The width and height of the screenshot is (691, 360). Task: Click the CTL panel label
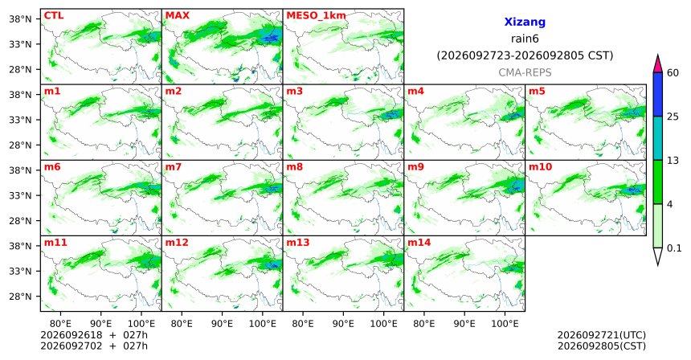tap(53, 16)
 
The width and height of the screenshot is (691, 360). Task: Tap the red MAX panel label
tap(177, 16)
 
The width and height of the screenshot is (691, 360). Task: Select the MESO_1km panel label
tap(316, 16)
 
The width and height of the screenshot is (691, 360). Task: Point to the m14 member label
tap(419, 243)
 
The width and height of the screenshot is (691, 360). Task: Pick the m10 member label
tap(540, 167)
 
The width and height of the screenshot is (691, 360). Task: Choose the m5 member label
tap(537, 92)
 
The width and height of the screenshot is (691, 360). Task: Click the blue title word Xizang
tap(525, 22)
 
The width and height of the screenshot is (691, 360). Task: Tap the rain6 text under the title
tap(525, 39)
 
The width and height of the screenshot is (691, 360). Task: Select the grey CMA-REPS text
tap(525, 72)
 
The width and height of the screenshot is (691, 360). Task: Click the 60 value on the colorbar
tap(673, 72)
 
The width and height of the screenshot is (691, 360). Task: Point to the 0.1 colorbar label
tap(674, 248)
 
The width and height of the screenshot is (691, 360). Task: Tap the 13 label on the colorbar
tap(673, 161)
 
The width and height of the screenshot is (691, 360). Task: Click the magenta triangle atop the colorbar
tap(658, 64)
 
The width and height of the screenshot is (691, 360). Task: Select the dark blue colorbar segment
tap(658, 94)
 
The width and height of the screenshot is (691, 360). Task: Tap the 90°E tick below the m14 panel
tap(464, 324)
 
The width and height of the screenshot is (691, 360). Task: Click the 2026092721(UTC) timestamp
tap(602, 336)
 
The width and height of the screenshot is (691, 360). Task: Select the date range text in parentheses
tap(525, 56)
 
